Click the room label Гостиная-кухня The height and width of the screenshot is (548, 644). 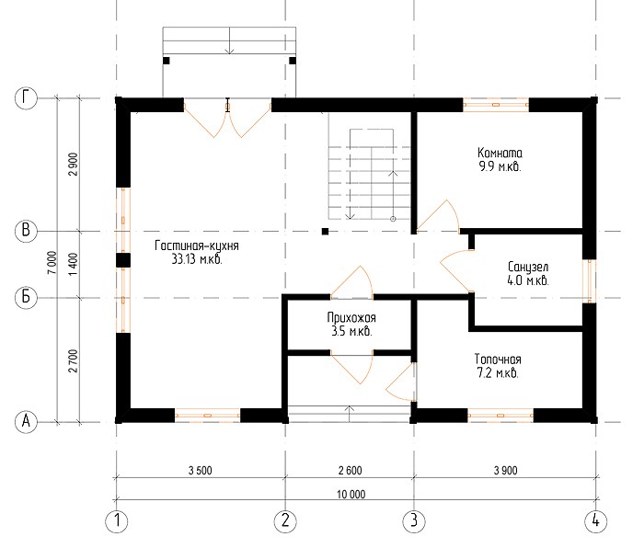point(197,245)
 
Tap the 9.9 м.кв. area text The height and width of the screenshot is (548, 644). point(500,166)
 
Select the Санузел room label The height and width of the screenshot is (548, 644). point(528,267)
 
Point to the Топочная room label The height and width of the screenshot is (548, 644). point(498,360)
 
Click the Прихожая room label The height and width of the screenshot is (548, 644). point(351,317)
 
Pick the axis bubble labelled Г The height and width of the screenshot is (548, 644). point(26,98)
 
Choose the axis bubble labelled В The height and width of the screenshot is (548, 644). point(26,230)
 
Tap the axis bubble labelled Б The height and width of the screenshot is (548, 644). point(26,296)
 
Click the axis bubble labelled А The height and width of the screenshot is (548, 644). point(26,421)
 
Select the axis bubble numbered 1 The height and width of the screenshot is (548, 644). point(117,521)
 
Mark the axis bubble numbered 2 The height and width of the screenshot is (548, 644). point(285,521)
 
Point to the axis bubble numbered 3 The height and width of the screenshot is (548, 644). point(414,521)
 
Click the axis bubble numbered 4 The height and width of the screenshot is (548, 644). point(595,521)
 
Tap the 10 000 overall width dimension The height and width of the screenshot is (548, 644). point(351,495)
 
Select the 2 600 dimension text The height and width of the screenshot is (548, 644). point(351,471)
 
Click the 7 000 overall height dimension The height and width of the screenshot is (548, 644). point(52,263)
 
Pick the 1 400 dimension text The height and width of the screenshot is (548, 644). point(73,265)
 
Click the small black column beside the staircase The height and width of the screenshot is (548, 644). point(326,232)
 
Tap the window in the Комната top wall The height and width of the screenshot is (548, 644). point(496,105)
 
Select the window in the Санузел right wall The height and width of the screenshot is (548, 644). point(590,281)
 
